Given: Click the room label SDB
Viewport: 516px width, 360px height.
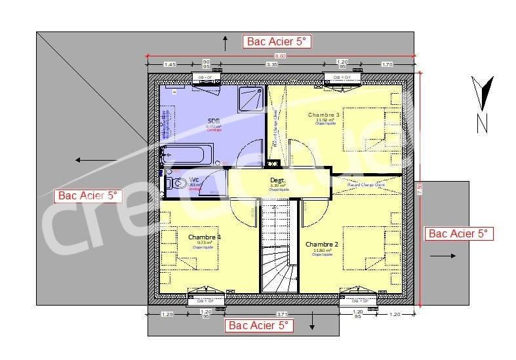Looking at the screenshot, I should click(x=214, y=121).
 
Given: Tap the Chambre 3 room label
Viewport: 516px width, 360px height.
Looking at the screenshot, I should click(x=325, y=114).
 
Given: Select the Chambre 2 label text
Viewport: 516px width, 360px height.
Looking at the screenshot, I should click(x=321, y=244).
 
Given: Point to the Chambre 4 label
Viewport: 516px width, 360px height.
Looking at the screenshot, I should click(x=205, y=237).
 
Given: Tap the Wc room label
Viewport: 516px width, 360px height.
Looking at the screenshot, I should click(x=194, y=179).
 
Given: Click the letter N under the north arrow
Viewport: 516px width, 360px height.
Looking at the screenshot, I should click(x=482, y=123).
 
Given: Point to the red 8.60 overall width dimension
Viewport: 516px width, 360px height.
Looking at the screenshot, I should click(x=281, y=56).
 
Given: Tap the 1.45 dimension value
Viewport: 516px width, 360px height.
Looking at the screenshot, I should click(x=169, y=65).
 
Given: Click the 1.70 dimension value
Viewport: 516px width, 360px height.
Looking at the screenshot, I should click(x=387, y=65).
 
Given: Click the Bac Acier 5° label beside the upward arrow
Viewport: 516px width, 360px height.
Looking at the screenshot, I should click(x=276, y=41).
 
